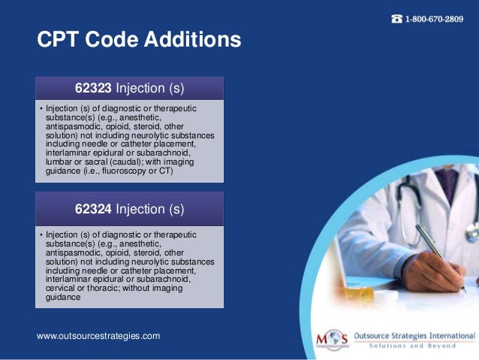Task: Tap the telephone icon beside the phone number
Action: point(396,19)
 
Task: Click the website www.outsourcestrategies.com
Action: point(98,335)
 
